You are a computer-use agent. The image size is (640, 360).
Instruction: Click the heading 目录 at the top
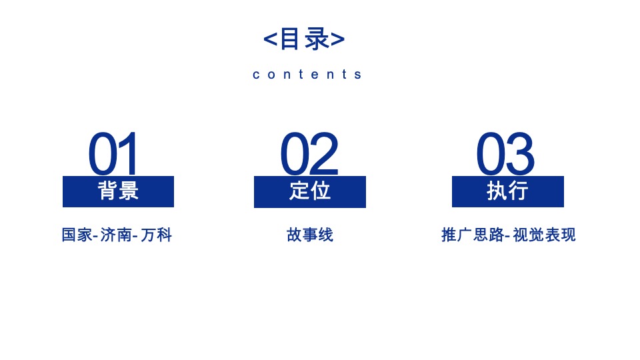point(304,39)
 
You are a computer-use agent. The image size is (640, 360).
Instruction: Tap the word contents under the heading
point(307,74)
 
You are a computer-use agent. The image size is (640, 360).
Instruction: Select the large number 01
point(114,154)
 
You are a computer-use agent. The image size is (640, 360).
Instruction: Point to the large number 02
point(309,154)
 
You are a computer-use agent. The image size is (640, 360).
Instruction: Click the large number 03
point(505,154)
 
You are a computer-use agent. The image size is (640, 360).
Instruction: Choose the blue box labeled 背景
point(118,191)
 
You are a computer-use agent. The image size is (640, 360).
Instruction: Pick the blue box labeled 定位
point(310,191)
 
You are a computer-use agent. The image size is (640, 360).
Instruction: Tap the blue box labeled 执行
point(508,191)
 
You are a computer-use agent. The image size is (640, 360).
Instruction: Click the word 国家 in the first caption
point(76,235)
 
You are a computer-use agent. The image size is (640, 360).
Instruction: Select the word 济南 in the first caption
point(115,235)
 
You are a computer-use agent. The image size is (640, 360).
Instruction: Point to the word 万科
point(157,235)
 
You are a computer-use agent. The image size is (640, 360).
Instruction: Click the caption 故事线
point(310,235)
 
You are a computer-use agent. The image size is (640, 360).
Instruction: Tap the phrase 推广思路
point(472,235)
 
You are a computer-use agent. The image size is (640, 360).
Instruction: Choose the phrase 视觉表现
point(544,235)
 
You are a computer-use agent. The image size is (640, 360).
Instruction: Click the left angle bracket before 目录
point(270,39)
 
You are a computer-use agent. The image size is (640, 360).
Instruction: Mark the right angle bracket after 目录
point(338,39)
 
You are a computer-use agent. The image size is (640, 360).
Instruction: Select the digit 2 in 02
point(324,154)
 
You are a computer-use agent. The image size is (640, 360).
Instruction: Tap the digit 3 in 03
point(520,154)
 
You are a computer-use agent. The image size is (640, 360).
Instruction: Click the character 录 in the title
point(317,39)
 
